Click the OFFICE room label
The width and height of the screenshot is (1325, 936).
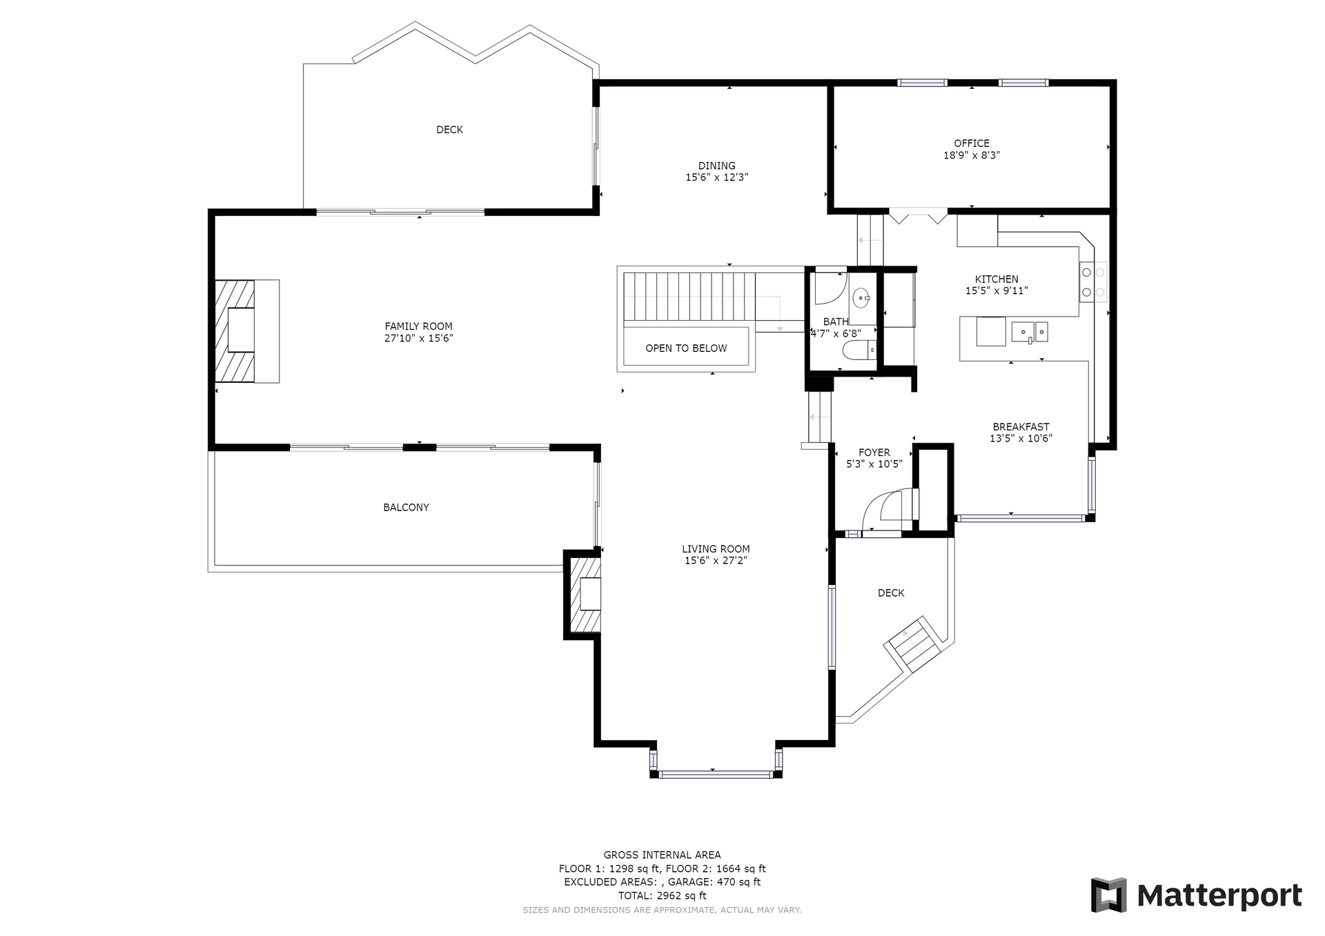pyautogui.click(x=972, y=143)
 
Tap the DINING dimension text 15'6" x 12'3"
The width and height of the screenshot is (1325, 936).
pyautogui.click(x=716, y=177)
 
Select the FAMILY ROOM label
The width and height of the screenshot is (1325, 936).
pyautogui.click(x=419, y=326)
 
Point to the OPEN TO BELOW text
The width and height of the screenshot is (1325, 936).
pyautogui.click(x=686, y=348)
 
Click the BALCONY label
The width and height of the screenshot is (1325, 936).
pyautogui.click(x=406, y=508)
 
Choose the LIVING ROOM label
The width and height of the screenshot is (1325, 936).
pyautogui.click(x=716, y=549)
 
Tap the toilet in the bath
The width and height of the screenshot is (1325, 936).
pyautogui.click(x=860, y=350)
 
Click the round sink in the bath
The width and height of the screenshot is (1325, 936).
pyautogui.click(x=861, y=299)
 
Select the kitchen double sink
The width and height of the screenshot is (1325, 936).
pyautogui.click(x=1030, y=332)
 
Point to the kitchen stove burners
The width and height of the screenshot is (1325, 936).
pyautogui.click(x=1093, y=282)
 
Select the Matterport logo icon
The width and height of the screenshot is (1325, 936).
pyautogui.click(x=1108, y=895)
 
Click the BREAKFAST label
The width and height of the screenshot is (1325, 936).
pyautogui.click(x=1021, y=427)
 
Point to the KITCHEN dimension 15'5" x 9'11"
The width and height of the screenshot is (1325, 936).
pyautogui.click(x=997, y=291)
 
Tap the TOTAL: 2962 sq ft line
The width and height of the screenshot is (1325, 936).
pyautogui.click(x=662, y=896)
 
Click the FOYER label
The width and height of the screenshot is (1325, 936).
pyautogui.click(x=874, y=452)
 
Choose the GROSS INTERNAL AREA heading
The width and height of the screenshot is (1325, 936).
pyautogui.click(x=662, y=855)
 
